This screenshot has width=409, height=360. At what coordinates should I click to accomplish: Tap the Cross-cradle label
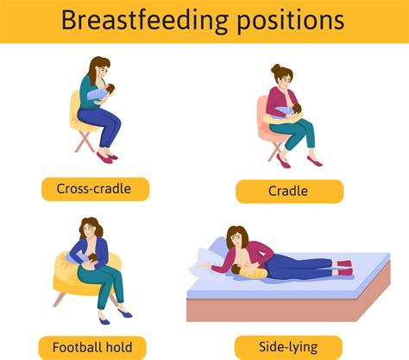95,189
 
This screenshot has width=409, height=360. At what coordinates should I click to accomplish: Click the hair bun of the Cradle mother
276,69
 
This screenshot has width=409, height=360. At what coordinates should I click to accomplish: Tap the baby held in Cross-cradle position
100,92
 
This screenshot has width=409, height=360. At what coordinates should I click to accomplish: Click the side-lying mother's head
236,237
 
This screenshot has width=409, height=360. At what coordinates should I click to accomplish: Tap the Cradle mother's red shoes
313,161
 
